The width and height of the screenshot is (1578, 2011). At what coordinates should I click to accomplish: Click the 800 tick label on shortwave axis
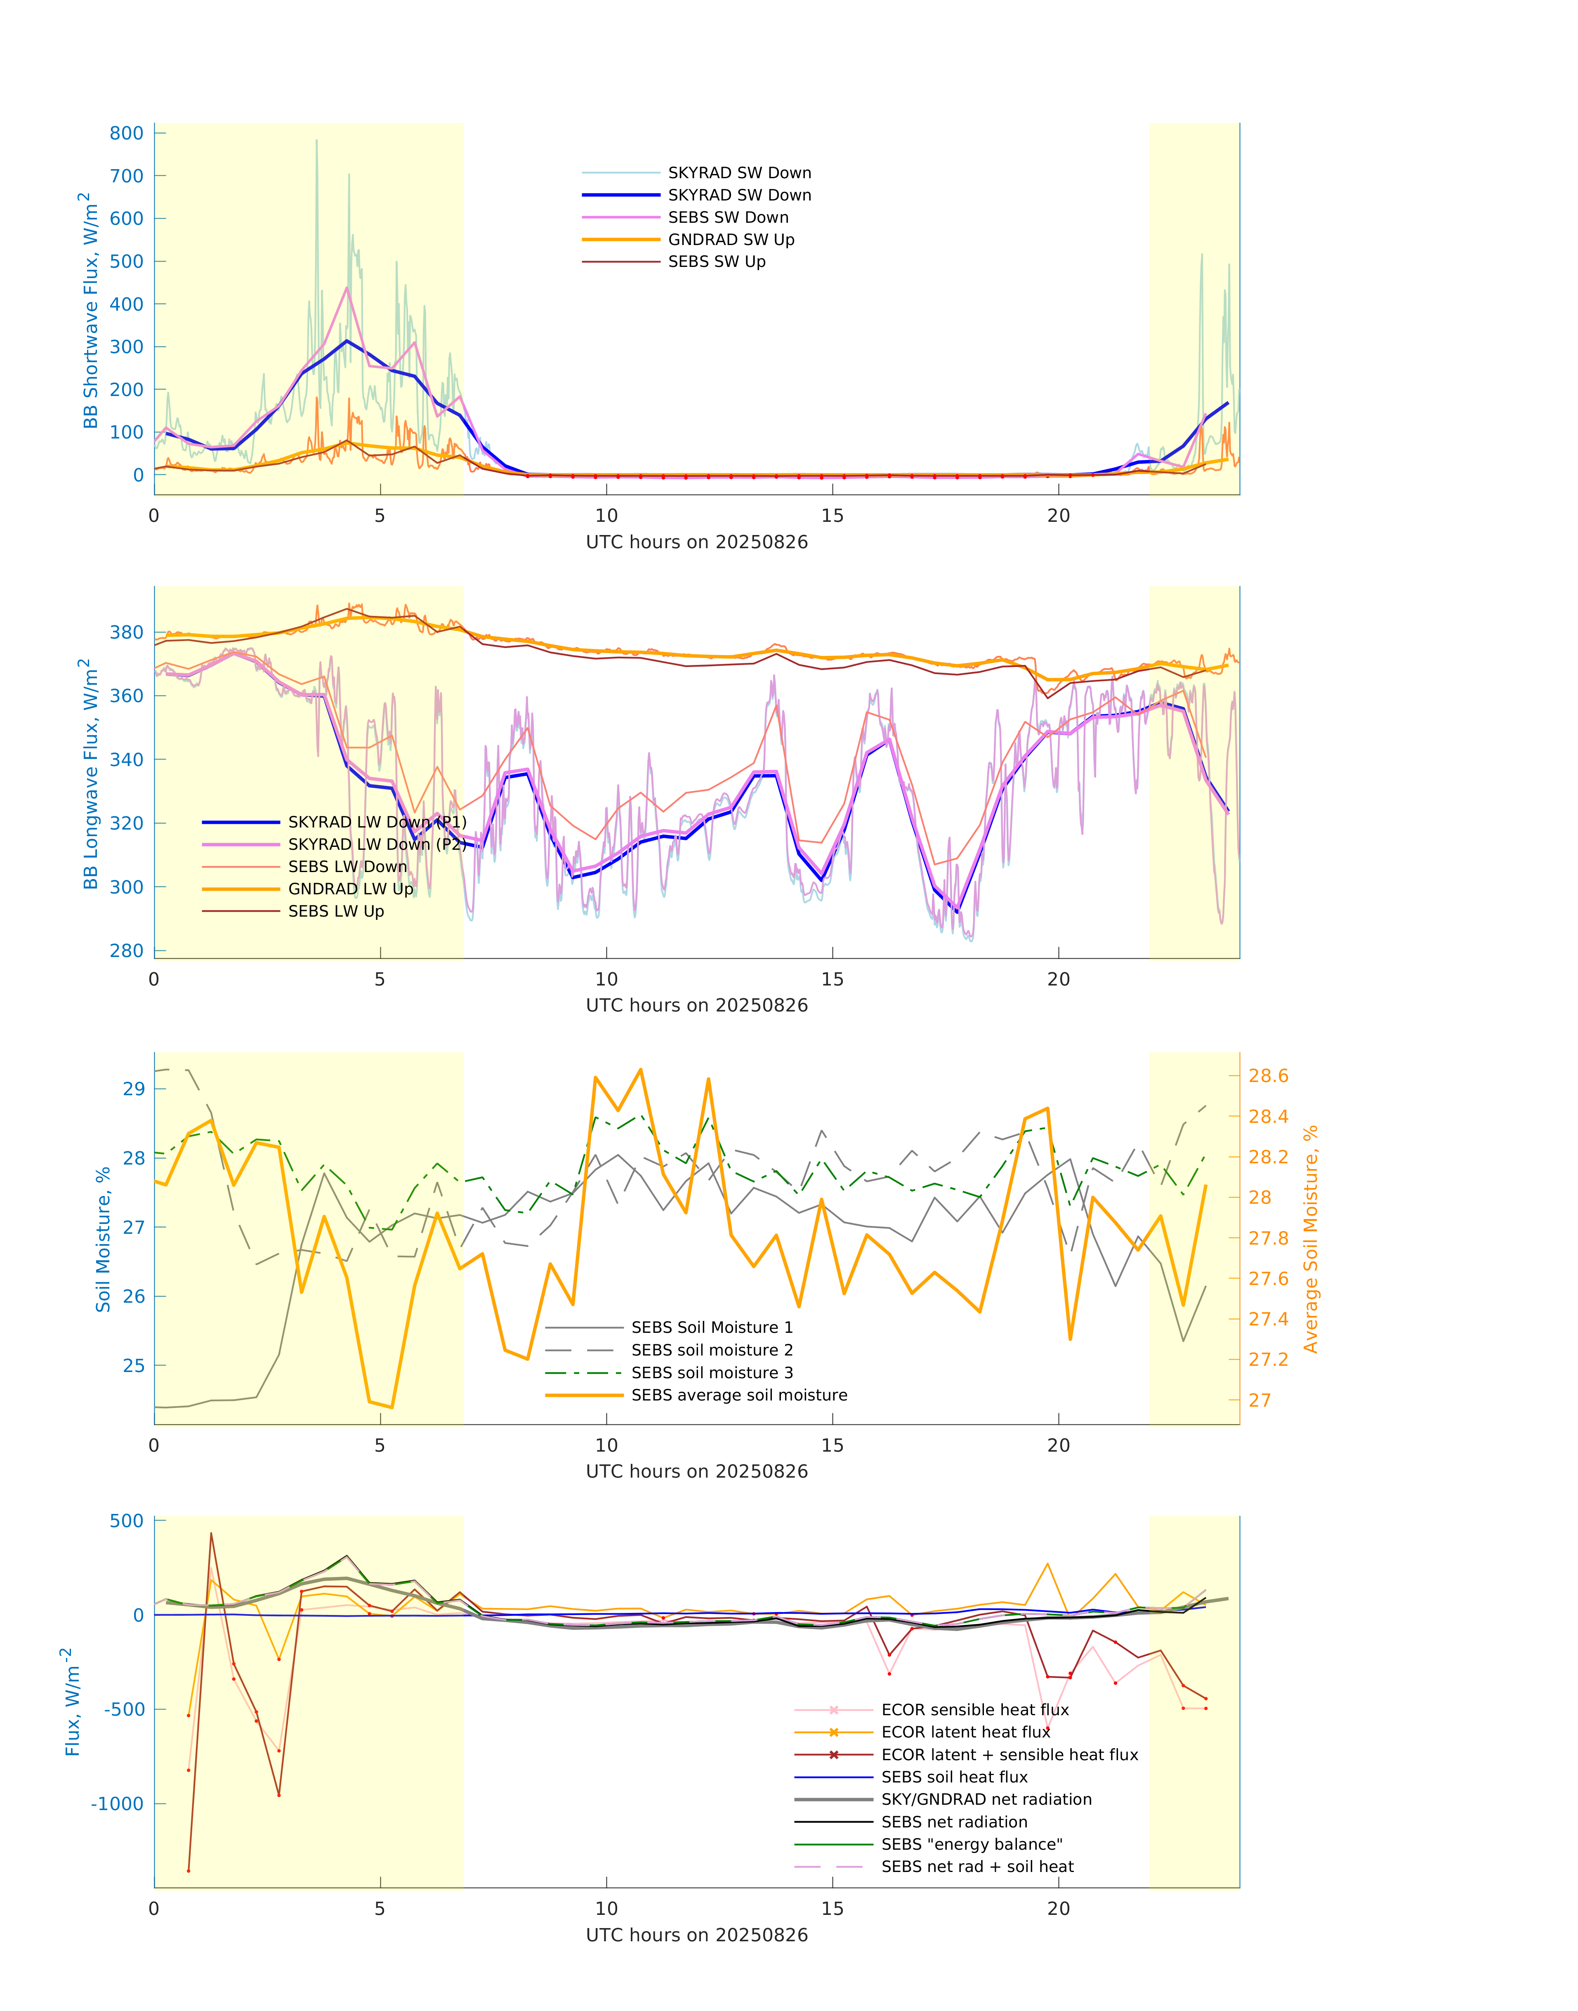[x=127, y=133]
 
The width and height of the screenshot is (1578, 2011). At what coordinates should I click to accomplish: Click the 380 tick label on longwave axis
[x=127, y=633]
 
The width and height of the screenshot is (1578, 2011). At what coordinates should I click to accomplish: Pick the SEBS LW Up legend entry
[x=335, y=912]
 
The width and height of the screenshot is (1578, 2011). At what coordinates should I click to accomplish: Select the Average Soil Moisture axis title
[x=1310, y=1239]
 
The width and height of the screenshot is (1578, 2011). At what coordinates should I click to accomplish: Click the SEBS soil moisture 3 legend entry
[x=711, y=1373]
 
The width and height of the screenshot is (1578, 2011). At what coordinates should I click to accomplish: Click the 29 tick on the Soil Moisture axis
[x=134, y=1089]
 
